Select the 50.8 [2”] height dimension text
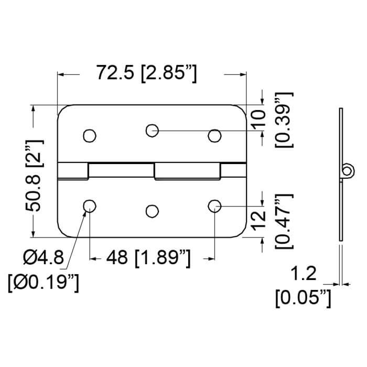[35, 175]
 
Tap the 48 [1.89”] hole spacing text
[148, 258]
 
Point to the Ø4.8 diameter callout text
[44, 257]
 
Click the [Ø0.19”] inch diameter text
[44, 283]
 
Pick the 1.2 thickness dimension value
[304, 273]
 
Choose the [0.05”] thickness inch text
[303, 298]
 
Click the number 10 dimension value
[258, 120]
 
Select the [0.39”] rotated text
[284, 120]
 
